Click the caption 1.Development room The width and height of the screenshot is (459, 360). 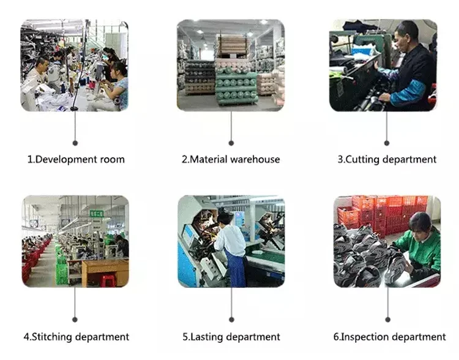[76, 160]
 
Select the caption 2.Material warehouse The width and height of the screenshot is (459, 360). [231, 160]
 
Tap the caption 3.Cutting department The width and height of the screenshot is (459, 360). [387, 160]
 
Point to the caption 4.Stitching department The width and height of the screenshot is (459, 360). [76, 337]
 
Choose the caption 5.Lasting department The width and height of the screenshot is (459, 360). [231, 337]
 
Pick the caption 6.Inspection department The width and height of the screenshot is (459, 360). [389, 337]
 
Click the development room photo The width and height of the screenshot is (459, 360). [75, 66]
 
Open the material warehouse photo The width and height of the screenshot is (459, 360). [231, 66]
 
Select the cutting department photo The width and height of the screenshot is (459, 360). [384, 66]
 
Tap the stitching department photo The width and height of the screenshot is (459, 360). [75, 241]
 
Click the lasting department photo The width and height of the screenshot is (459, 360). [231, 241]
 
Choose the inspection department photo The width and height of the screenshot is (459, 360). [387, 241]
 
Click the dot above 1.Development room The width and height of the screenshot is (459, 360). [75, 143]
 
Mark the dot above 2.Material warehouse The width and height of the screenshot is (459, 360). [231, 143]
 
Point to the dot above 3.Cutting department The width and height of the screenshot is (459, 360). [386, 143]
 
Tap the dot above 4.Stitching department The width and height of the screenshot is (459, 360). [75, 320]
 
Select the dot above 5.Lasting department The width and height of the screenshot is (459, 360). [231, 320]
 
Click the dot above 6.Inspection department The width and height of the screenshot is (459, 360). [387, 320]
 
